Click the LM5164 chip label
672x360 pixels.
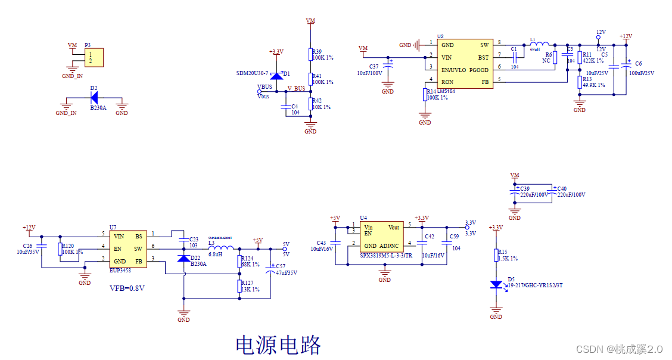pos(446,91)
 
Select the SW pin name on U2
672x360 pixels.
pos(484,45)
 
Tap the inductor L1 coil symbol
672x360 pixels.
pos(540,44)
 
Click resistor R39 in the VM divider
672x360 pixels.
pos(310,54)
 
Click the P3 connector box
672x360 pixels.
pos(94,58)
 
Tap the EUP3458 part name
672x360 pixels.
pos(122,270)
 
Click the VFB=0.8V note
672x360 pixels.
pos(127,288)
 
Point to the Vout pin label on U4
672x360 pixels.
pos(394,228)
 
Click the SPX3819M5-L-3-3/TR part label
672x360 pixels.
pos(387,255)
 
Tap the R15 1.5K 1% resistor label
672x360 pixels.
pos(508,255)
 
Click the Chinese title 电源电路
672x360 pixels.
pos(279,345)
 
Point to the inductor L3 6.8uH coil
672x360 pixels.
pos(221,248)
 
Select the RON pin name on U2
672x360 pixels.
pos(447,82)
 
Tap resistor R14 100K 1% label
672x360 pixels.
pos(437,94)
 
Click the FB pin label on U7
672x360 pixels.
pos(138,260)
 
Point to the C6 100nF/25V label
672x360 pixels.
pos(641,69)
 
